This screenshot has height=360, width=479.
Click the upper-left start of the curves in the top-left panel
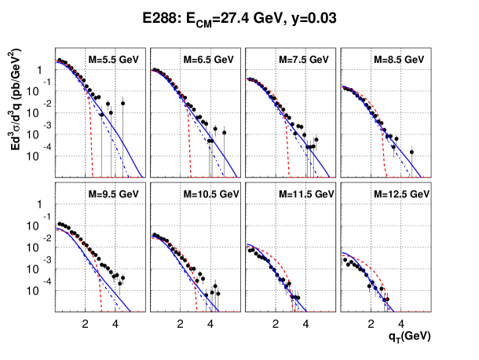[57, 61]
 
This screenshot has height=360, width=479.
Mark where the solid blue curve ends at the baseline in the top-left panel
[143, 178]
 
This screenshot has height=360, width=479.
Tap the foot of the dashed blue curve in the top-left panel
[128, 178]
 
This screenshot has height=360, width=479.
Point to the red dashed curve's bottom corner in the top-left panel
[93, 177]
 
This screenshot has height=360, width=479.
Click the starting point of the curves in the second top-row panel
[152, 71]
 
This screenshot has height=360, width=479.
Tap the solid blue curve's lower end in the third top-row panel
[331, 178]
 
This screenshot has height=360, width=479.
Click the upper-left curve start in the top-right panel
[342, 86]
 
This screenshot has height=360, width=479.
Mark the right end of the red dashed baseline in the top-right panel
[430, 178]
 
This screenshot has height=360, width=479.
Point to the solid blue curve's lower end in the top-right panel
[422, 178]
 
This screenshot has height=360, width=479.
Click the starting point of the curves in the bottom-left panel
[57, 229]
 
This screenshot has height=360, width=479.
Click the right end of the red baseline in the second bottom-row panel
[239, 311]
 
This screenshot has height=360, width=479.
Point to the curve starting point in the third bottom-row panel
[247, 245]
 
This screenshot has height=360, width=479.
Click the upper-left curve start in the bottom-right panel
[342, 253]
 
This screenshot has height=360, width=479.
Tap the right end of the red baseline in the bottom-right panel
[430, 311]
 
